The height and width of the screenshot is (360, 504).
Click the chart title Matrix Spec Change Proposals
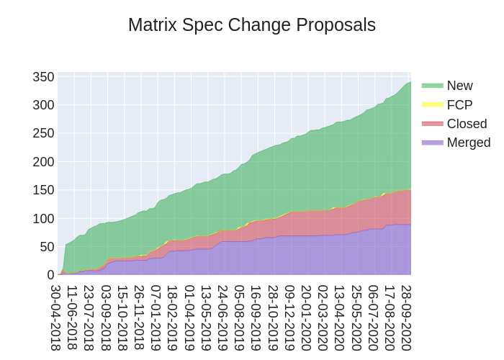click(x=252, y=25)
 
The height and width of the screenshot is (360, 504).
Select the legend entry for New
click(x=459, y=86)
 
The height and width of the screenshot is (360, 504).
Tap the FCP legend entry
click(x=459, y=104)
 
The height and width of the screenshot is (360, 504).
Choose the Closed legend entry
click(x=467, y=123)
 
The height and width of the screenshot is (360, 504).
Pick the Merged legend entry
click(x=468, y=143)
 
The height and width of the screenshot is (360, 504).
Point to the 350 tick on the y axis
click(x=44, y=77)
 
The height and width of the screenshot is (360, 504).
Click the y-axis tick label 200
click(x=44, y=161)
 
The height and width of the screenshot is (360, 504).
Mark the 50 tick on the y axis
click(x=47, y=246)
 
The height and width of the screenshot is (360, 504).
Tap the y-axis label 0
click(x=50, y=274)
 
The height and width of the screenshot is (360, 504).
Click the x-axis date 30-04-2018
click(x=56, y=317)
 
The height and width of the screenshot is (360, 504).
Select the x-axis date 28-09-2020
click(x=407, y=317)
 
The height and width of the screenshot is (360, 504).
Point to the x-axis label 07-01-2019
click(x=156, y=317)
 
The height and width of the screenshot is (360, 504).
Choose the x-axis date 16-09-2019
click(x=256, y=317)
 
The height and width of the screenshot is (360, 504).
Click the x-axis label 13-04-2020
click(x=340, y=317)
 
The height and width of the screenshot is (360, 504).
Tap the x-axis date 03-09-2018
click(x=107, y=317)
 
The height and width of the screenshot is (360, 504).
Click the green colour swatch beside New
click(x=433, y=86)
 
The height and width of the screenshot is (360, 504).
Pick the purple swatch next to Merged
click(x=433, y=143)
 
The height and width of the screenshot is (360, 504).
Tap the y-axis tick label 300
click(x=44, y=105)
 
